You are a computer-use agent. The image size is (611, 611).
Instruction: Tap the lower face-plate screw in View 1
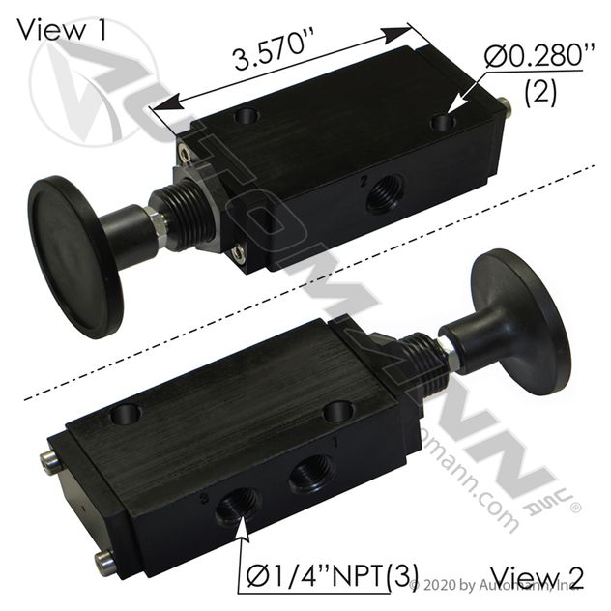pyautogui.click(x=238, y=253)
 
